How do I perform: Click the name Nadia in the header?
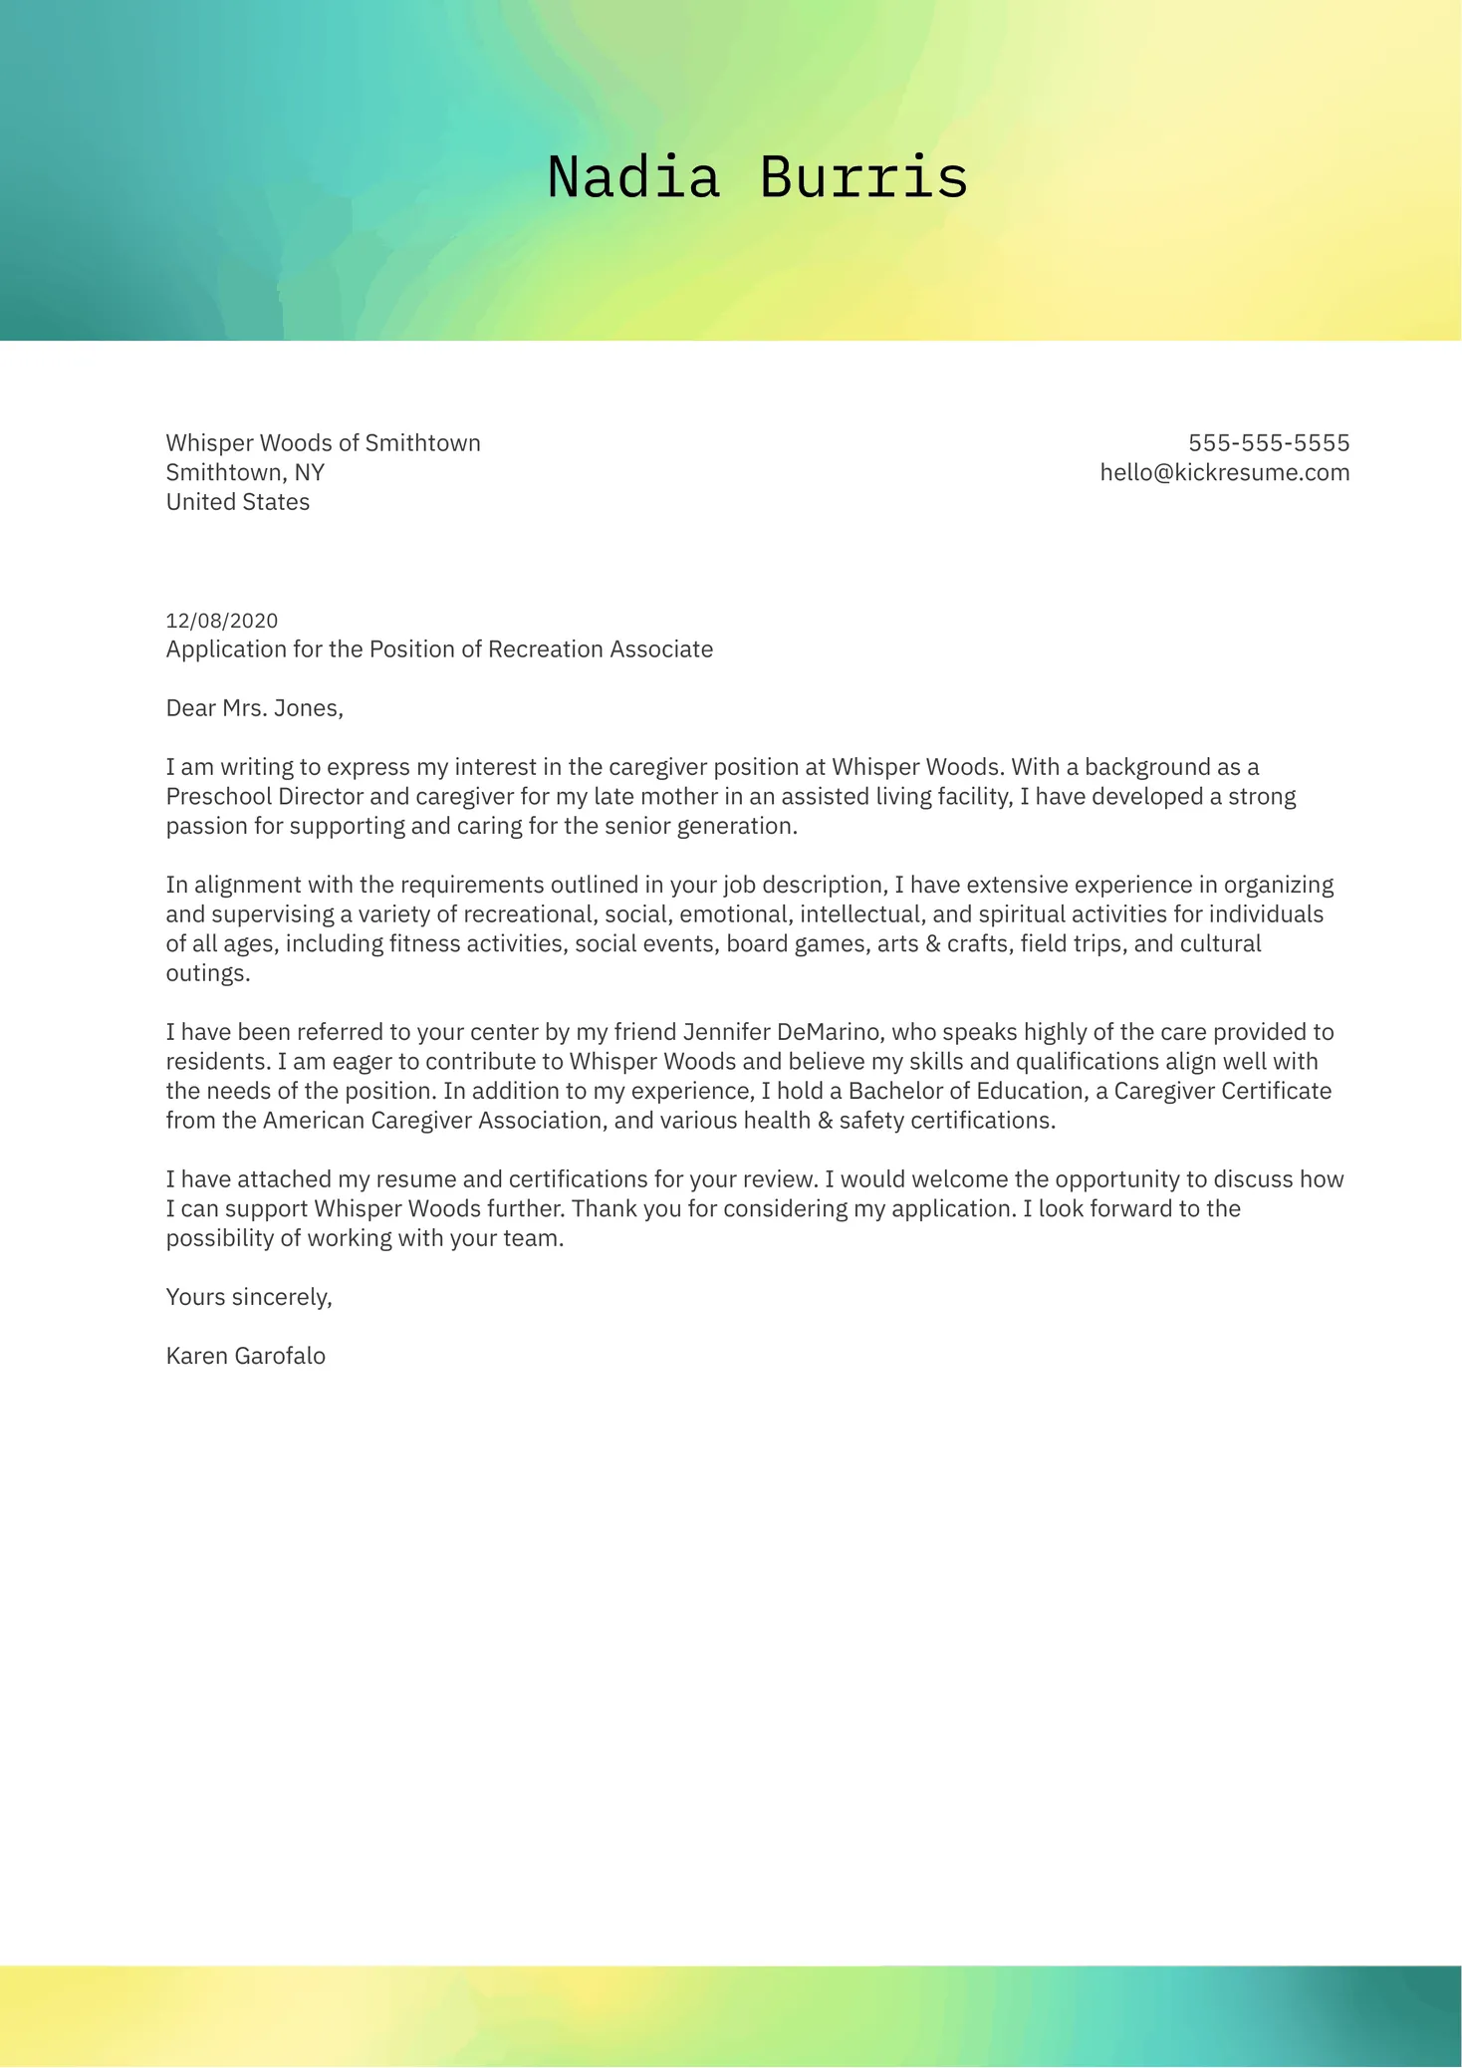[x=633, y=177]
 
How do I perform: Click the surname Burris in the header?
[x=863, y=177]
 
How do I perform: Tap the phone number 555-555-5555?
[x=1269, y=443]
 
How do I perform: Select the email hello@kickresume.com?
[x=1224, y=472]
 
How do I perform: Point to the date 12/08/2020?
[x=222, y=621]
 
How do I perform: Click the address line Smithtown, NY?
[x=245, y=472]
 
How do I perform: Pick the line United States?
[x=238, y=502]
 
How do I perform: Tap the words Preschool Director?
[x=264, y=797]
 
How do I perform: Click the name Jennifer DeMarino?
[x=782, y=1032]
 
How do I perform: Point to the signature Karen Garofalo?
[x=246, y=1356]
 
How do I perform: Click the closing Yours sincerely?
[x=248, y=1297]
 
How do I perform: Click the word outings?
[x=206, y=973]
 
